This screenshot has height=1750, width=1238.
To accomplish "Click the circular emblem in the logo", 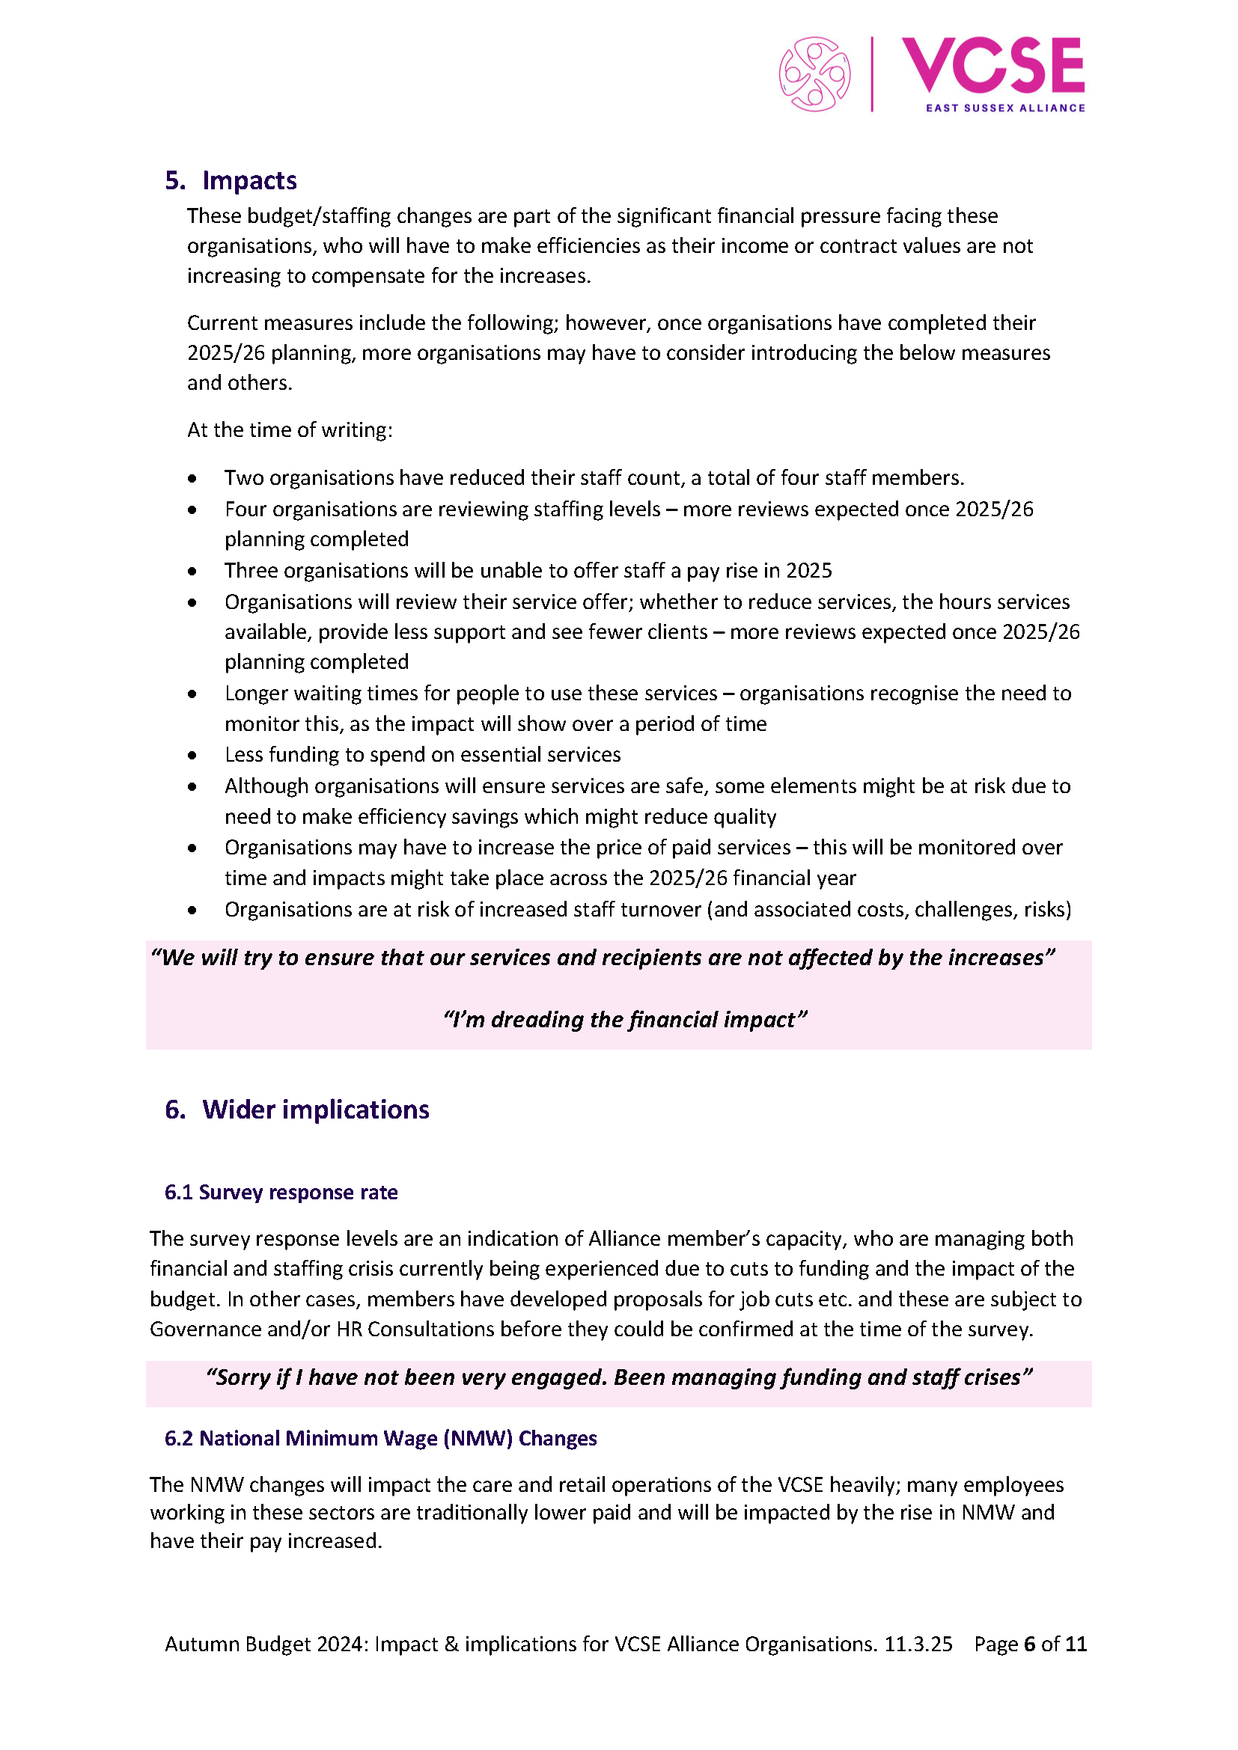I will [814, 74].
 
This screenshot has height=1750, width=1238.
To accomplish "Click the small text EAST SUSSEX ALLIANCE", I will [1004, 108].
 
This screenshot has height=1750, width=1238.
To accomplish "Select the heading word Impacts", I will [249, 180].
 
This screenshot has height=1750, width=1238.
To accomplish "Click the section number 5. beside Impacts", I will [175, 180].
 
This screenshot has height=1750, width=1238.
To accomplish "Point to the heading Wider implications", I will [316, 1110].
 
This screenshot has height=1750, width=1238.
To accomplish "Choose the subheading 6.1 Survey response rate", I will [281, 1192].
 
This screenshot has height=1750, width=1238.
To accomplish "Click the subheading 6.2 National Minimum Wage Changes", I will [380, 1438].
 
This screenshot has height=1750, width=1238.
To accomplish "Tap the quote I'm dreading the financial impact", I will [624, 1020].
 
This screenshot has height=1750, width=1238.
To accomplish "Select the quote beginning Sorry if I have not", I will [618, 1377].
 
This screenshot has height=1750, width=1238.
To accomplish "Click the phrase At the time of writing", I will [290, 430].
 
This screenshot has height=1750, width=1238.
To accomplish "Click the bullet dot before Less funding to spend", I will [192, 756].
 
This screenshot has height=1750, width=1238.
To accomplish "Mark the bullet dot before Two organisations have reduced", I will [192, 479].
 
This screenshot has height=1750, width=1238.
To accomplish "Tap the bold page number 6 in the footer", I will [1029, 1644].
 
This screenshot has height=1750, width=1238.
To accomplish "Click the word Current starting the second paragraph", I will [222, 323].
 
